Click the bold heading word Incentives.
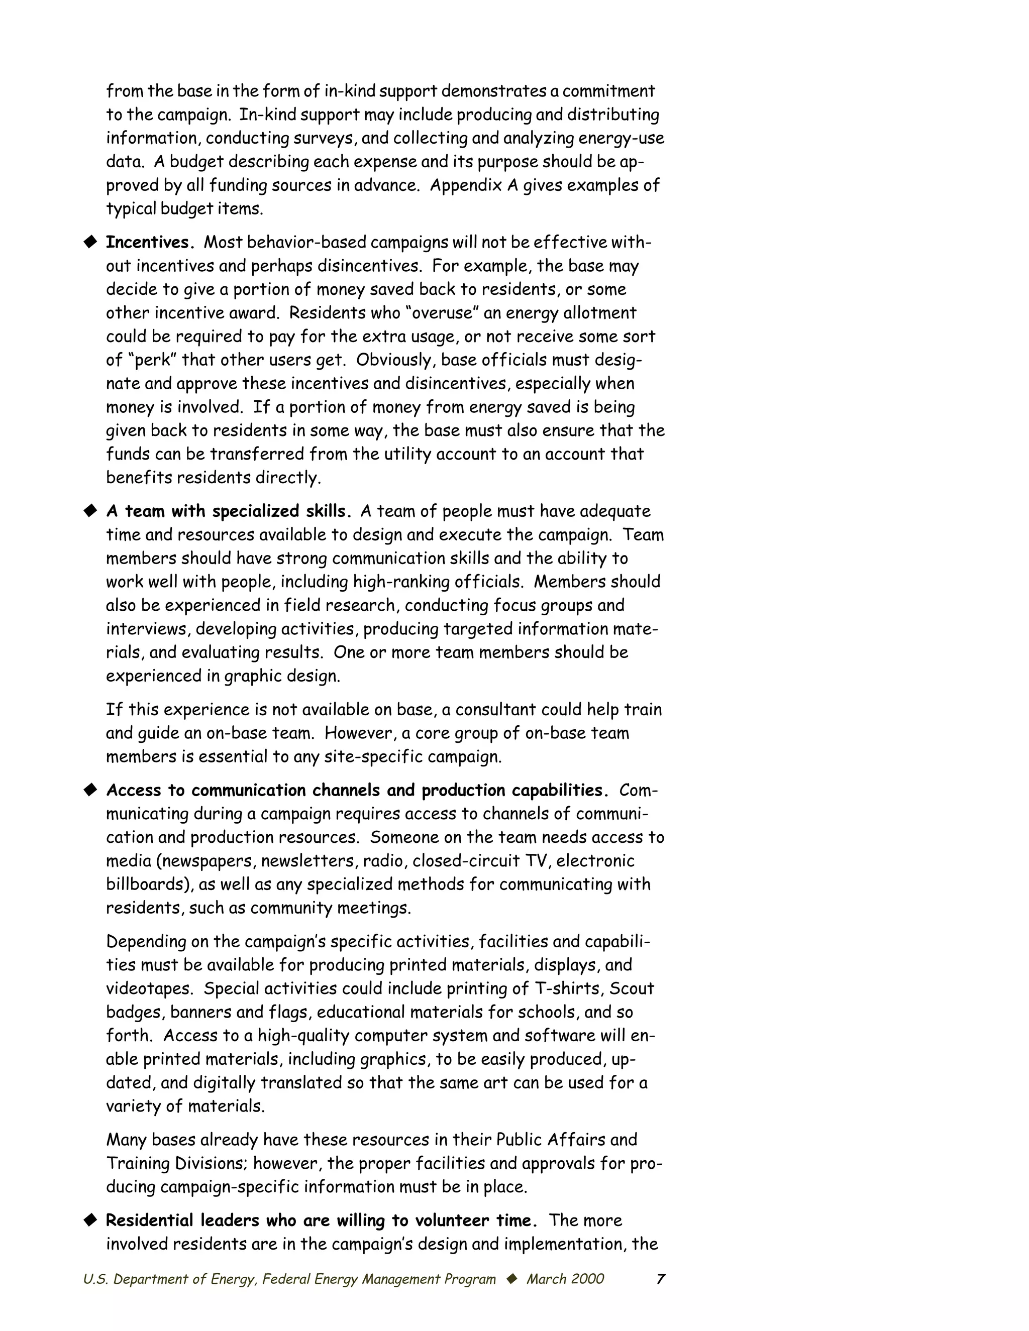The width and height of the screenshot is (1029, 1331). [150, 243]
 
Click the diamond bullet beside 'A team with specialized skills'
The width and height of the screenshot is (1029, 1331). [91, 511]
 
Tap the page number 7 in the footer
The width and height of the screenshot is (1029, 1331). [660, 1279]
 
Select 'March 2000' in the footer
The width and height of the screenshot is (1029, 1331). [565, 1279]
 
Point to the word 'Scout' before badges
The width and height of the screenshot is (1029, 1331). [632, 988]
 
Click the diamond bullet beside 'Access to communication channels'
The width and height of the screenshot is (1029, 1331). [91, 791]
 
